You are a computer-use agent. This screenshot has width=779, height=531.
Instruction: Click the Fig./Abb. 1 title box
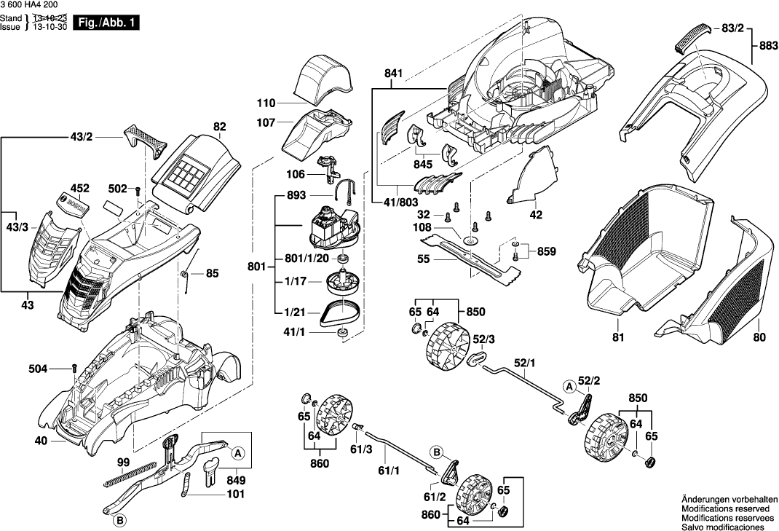coord(104,23)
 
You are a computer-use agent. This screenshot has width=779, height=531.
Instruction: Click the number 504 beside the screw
coord(39,369)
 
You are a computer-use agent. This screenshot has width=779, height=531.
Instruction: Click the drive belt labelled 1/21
coord(341,311)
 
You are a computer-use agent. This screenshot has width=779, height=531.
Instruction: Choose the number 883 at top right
coord(767,44)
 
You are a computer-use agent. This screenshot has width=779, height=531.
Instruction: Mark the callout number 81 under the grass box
coord(618,337)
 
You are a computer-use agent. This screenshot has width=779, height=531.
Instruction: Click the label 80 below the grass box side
coord(759,337)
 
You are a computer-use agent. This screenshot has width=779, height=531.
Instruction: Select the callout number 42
coord(537,215)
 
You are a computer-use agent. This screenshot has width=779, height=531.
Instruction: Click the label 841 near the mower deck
coord(394,74)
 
